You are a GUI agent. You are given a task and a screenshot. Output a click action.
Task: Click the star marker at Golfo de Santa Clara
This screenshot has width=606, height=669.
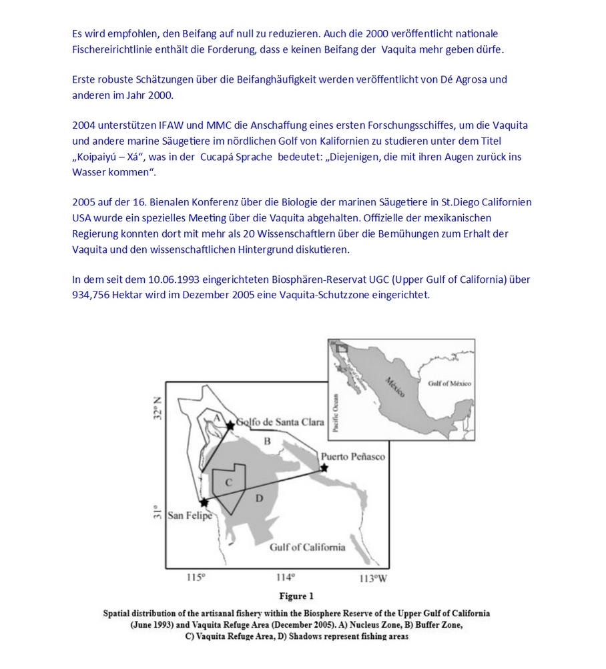230,425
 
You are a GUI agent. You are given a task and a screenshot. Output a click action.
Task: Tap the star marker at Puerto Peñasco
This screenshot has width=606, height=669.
324,468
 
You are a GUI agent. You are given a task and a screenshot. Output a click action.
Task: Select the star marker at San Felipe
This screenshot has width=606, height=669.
204,502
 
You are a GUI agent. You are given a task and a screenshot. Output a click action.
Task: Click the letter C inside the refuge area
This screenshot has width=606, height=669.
228,482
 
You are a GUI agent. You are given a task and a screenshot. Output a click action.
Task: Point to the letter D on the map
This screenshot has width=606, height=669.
259,497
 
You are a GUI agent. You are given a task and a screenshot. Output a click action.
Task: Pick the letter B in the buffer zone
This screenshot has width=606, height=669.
267,441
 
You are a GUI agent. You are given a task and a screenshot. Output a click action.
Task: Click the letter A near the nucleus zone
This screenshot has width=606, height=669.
216,417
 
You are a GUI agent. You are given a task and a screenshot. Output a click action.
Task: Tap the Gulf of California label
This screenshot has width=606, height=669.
307,547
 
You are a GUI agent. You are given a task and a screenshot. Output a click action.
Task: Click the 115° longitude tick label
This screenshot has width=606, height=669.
196,578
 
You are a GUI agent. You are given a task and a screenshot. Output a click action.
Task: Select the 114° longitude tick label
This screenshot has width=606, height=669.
286,578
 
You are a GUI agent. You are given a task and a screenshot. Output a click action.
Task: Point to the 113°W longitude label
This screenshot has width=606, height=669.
372,578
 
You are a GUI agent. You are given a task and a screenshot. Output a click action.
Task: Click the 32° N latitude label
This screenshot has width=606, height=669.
158,408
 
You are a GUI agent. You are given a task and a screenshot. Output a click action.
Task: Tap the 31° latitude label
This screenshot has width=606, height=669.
158,512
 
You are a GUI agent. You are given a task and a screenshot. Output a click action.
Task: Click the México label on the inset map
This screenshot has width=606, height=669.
395,387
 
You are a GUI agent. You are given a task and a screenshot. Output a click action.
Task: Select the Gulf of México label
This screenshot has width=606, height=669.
449,384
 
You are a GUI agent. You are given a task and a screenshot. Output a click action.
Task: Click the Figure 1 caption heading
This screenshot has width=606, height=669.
296,596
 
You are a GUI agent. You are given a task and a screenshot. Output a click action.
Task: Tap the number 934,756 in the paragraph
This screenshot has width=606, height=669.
94,295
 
